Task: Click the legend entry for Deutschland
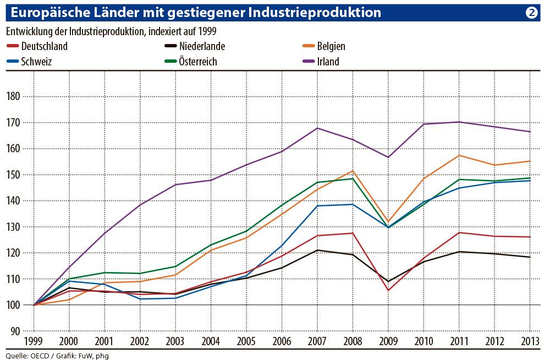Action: point(44,46)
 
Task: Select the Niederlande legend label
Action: point(202,46)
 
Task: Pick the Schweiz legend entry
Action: point(36,61)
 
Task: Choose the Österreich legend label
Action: point(197,61)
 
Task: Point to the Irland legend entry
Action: point(328,61)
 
